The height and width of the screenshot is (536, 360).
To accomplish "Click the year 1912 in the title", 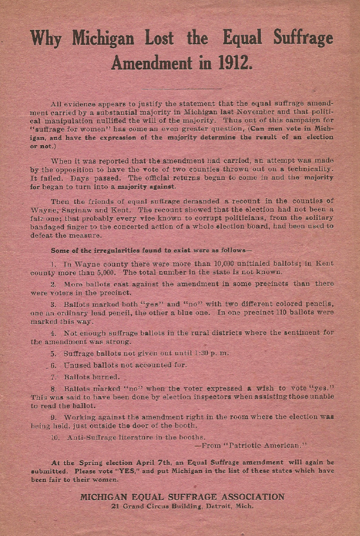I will coord(234,63).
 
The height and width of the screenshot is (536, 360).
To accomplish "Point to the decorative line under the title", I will coord(181,88).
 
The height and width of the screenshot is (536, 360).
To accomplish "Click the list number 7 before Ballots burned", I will coord(53,377).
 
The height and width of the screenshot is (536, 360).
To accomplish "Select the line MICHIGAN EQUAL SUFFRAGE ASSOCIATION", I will coord(182,497).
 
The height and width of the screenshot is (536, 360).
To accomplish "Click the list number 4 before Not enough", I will coord(53,333).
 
